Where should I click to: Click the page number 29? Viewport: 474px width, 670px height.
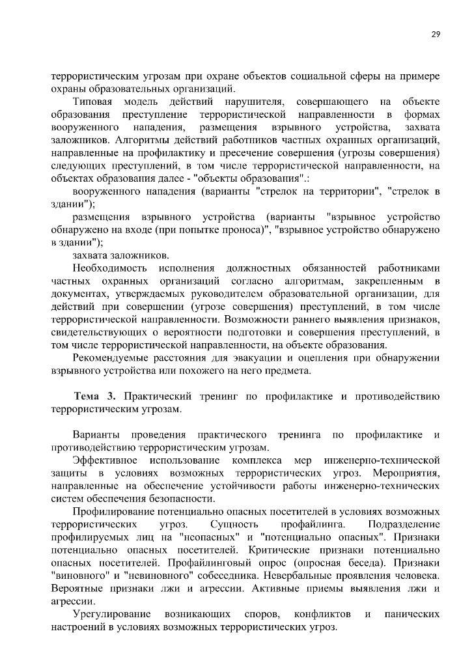tap(436, 35)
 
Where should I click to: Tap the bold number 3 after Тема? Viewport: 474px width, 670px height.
tap(111, 397)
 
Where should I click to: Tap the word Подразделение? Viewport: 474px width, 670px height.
tap(404, 524)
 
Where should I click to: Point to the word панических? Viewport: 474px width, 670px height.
tap(411, 614)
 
